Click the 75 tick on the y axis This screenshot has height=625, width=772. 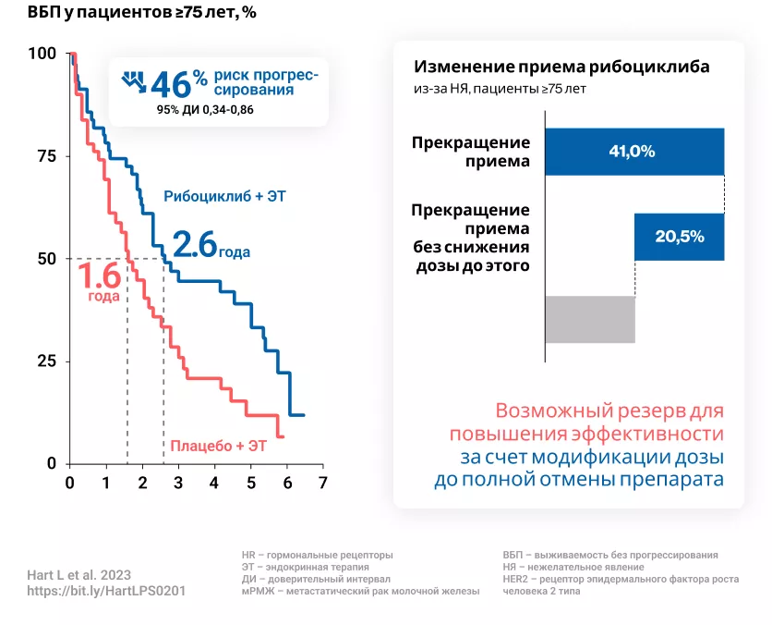[x=47, y=156]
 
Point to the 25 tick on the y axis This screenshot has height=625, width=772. [x=47, y=362]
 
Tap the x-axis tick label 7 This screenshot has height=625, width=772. [x=322, y=482]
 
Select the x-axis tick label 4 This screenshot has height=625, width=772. [x=214, y=482]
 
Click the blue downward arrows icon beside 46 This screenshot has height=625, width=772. [x=135, y=81]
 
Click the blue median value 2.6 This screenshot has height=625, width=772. [x=195, y=244]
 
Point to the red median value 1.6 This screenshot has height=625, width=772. [x=98, y=276]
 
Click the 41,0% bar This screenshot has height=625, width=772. [x=633, y=152]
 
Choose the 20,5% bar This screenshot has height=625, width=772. [x=679, y=237]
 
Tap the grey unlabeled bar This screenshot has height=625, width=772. [x=590, y=319]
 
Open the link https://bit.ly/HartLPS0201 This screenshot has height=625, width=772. [x=106, y=591]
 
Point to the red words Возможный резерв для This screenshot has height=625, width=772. [x=609, y=411]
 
